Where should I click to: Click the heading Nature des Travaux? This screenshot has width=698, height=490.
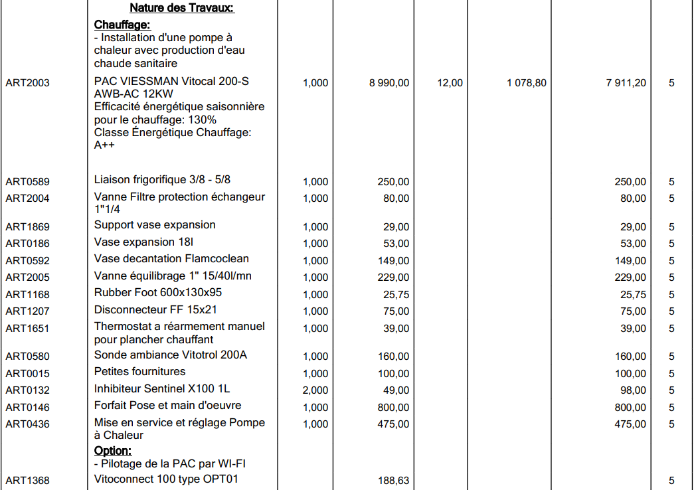(182, 9)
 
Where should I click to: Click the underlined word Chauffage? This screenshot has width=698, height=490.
(122, 25)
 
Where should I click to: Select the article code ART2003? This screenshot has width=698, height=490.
(27, 83)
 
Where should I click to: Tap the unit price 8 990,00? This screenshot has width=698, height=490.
(389, 83)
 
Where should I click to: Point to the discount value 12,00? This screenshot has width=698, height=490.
(450, 83)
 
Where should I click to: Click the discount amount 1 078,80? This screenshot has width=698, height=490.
(527, 83)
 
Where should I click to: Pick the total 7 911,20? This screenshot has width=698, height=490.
(626, 83)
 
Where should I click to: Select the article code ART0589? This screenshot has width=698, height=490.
(27, 182)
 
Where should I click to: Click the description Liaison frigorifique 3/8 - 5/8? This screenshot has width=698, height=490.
(162, 179)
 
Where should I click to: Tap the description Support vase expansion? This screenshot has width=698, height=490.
(155, 225)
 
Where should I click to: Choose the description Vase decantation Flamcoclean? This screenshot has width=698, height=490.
(171, 259)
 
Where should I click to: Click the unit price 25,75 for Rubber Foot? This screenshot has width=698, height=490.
(396, 295)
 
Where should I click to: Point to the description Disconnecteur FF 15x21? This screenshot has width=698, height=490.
(155, 309)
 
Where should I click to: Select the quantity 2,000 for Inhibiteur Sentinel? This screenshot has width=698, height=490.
(315, 390)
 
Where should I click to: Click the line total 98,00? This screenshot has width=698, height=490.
(633, 390)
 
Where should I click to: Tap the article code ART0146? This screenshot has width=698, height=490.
(27, 408)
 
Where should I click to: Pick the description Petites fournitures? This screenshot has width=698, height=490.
(139, 372)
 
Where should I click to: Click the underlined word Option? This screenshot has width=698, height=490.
(113, 451)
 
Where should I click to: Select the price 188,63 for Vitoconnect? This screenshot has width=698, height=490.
(394, 481)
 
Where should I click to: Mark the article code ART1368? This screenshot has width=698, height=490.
(27, 481)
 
